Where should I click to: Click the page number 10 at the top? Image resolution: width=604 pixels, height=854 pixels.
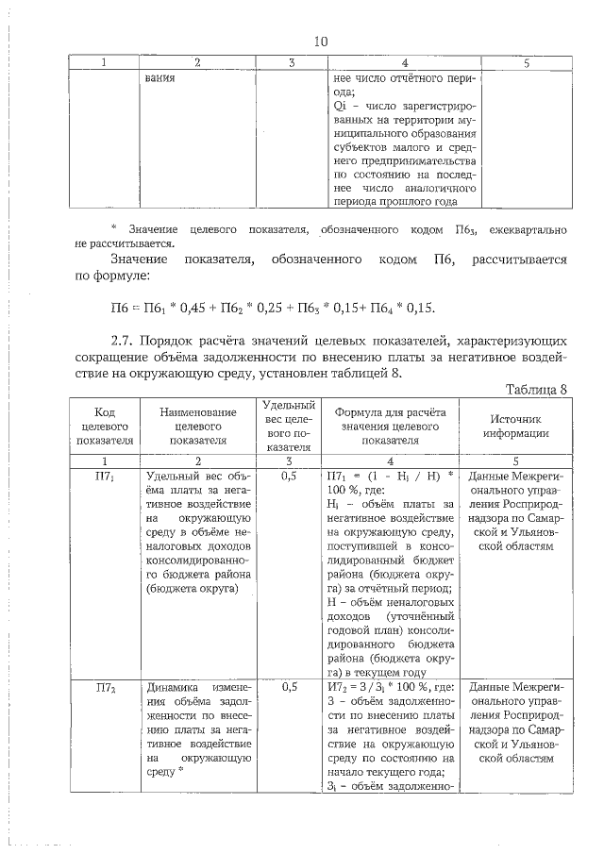pyautogui.click(x=320, y=42)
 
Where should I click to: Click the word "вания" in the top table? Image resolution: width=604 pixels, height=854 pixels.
pyautogui.click(x=161, y=79)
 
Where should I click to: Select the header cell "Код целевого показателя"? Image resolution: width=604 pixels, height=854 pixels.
pyautogui.click(x=105, y=426)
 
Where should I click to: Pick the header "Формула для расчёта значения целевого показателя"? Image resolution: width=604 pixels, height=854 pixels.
pyautogui.click(x=389, y=426)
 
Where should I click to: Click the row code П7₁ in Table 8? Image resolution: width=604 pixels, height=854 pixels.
pyautogui.click(x=105, y=477)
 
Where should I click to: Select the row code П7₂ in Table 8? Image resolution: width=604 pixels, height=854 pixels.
pyautogui.click(x=105, y=688)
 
